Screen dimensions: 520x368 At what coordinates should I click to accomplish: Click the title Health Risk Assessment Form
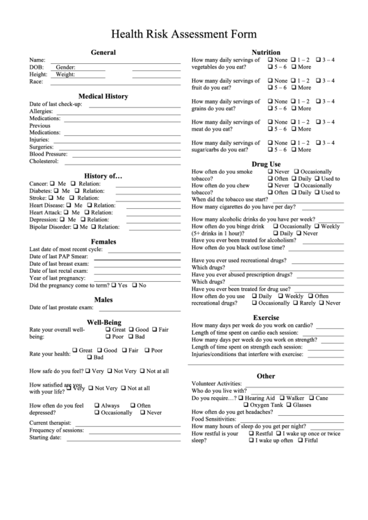pyautogui.click(x=184, y=33)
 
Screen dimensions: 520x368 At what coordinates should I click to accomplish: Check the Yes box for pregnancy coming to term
pyautogui.click(x=115, y=285)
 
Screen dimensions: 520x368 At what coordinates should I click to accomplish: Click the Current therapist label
pyautogui.click(x=50, y=422)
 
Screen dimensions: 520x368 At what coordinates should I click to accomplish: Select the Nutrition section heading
pyautogui.click(x=265, y=52)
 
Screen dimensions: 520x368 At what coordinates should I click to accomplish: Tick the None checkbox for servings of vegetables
pyautogui.click(x=270, y=60)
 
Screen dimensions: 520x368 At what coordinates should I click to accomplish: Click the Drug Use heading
pyautogui.click(x=265, y=164)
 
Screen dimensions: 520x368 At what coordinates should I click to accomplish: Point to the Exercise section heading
pyautogui.click(x=265, y=317)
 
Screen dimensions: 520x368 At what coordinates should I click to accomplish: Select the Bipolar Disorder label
pyautogui.click(x=53, y=227)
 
